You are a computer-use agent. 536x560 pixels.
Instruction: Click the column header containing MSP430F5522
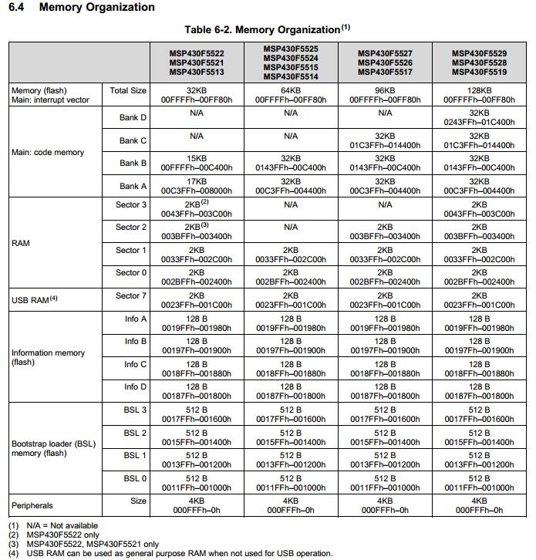pyautogui.click(x=197, y=62)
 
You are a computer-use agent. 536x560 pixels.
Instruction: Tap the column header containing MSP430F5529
pyautogui.click(x=479, y=62)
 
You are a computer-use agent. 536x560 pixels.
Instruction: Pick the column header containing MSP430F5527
pyautogui.click(x=385, y=62)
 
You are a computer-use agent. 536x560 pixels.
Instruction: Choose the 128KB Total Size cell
pyautogui.click(x=479, y=95)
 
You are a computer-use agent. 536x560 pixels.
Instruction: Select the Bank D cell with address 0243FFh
pyautogui.click(x=479, y=117)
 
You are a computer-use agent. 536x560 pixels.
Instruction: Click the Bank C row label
pyautogui.click(x=133, y=140)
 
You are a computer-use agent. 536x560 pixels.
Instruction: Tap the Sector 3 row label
pyautogui.click(x=131, y=204)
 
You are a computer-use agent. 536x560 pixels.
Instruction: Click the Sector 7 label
pyautogui.click(x=131, y=295)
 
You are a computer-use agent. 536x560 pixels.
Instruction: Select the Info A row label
pyautogui.click(x=135, y=319)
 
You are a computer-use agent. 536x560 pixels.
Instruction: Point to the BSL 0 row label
pyautogui.click(x=134, y=478)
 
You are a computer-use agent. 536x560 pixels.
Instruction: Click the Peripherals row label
pyautogui.click(x=32, y=505)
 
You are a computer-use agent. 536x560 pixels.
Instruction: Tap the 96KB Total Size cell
pyautogui.click(x=385, y=95)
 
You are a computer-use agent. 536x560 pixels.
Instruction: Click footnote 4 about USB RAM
pyautogui.click(x=170, y=553)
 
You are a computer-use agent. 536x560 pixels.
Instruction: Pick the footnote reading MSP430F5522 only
pyautogui.click(x=62, y=535)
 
